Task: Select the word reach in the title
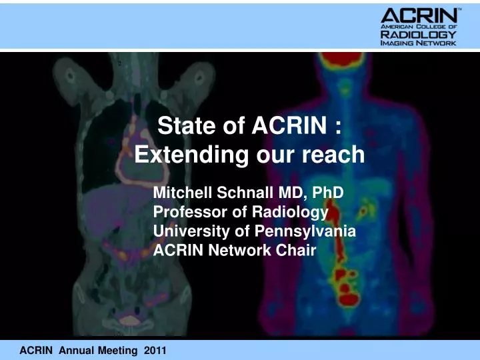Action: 333,155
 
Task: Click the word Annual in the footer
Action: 77,350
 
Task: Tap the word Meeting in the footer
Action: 119,350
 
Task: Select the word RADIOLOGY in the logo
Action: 418,34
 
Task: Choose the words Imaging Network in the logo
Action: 418,43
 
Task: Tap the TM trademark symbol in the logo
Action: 458,8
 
